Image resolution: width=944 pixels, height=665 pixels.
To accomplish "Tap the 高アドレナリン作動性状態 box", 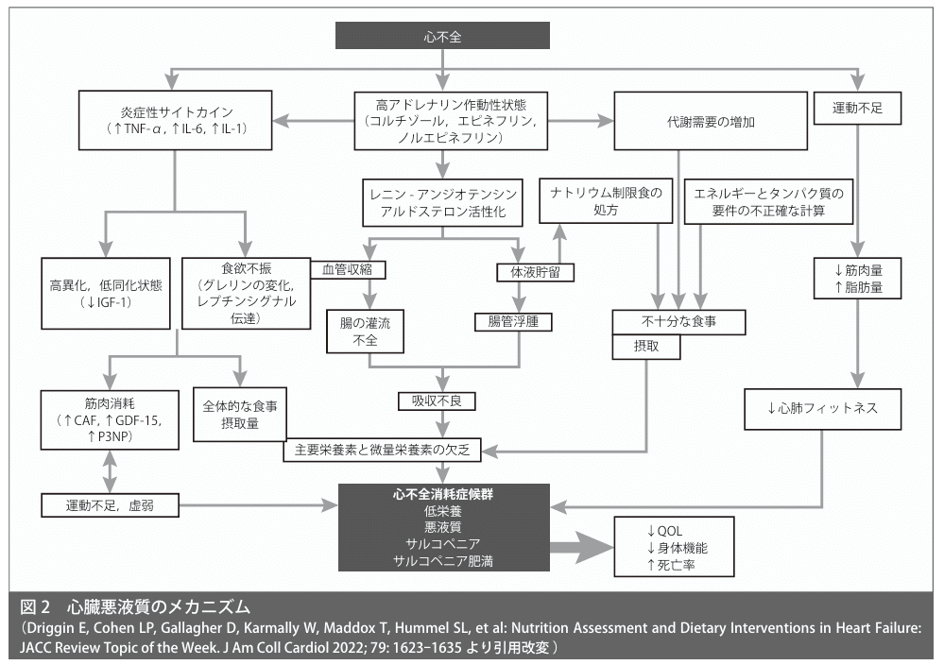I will (x=443, y=120).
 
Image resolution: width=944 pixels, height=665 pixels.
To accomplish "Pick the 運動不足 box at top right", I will (x=854, y=107).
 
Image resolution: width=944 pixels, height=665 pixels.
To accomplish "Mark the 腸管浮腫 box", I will (x=513, y=321).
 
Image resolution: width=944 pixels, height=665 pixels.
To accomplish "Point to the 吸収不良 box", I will (x=437, y=401).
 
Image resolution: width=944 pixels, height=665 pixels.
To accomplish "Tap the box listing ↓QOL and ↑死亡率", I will (x=666, y=547).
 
